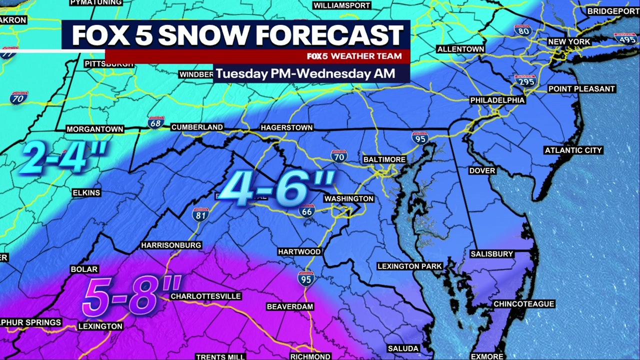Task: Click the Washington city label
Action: (x=348, y=198)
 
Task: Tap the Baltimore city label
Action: (x=384, y=159)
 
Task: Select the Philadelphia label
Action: (x=497, y=100)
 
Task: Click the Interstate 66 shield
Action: (x=307, y=210)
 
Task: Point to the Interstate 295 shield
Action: (x=525, y=80)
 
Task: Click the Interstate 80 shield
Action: (x=522, y=30)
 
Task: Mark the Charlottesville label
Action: (x=206, y=296)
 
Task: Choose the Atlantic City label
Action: (x=573, y=150)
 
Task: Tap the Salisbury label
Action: (x=492, y=254)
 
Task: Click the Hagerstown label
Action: (x=286, y=127)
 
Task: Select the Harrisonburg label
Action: (x=171, y=245)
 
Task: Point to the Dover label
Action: (x=482, y=170)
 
